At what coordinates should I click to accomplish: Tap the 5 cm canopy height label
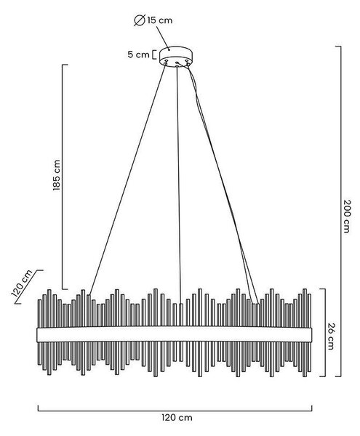click(139, 54)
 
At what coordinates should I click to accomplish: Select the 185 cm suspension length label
click(57, 175)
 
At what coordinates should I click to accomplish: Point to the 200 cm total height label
click(346, 216)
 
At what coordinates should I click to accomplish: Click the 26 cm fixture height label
click(330, 336)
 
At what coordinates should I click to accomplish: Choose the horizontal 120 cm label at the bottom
click(177, 417)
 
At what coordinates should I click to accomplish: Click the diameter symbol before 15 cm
click(140, 20)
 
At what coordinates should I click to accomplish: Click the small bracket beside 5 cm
click(153, 54)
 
